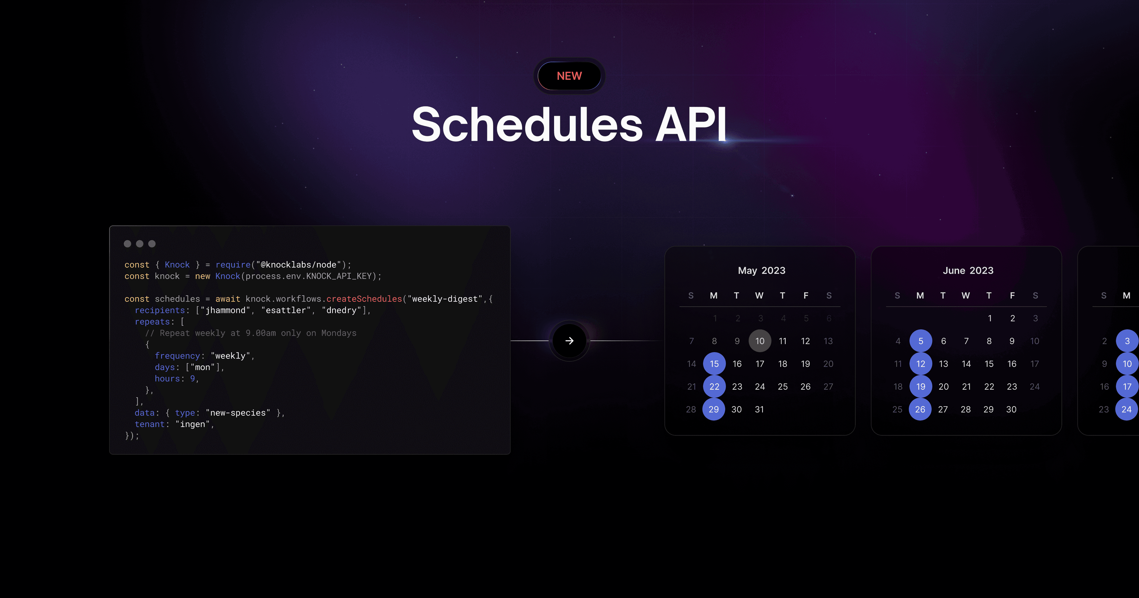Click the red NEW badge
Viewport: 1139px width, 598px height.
click(569, 76)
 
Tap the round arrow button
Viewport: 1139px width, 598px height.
click(569, 341)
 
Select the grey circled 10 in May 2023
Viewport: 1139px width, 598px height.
click(760, 341)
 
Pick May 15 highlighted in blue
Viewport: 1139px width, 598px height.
click(714, 364)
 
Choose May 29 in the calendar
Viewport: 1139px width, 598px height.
click(714, 409)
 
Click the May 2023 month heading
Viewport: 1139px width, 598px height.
click(761, 270)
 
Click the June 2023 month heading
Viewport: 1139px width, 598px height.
click(968, 270)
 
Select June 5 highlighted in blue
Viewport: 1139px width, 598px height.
click(921, 341)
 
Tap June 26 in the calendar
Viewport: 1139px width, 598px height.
click(920, 409)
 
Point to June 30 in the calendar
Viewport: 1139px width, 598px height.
click(1011, 409)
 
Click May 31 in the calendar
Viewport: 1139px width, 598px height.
click(759, 409)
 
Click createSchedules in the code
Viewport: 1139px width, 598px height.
click(364, 299)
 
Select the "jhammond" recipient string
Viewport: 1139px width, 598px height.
click(225, 310)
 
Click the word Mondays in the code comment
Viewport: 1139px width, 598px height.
click(339, 333)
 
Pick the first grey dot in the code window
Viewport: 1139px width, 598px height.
click(127, 244)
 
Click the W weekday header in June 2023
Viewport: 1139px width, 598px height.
click(966, 295)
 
